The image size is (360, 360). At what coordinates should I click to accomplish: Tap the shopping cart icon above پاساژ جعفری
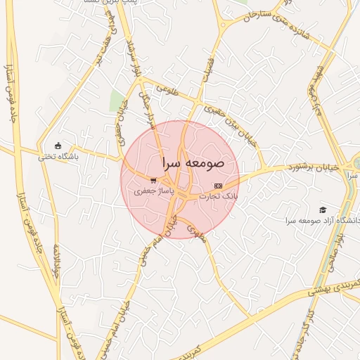coord(153,179)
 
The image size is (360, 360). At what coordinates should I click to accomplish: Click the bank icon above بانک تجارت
coord(218,186)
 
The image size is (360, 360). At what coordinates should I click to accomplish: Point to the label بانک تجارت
coord(218,196)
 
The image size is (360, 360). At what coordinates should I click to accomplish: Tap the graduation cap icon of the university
coord(323,210)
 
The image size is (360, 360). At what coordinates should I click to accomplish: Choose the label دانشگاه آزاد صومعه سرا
coord(323,220)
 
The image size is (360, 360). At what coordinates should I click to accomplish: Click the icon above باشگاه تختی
coord(58,146)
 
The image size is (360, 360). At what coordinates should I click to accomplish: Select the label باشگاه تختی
coord(58,157)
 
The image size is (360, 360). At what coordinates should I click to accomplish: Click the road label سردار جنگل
coord(146,105)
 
